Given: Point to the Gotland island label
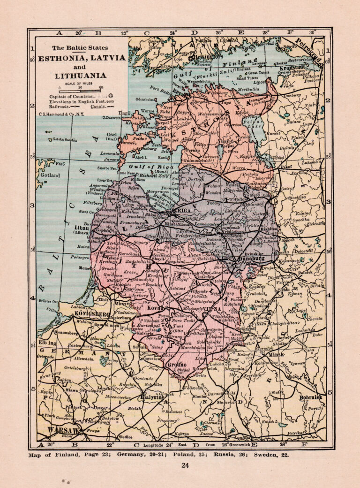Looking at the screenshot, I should point(50,175).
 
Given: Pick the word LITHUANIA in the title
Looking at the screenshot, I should point(80,75).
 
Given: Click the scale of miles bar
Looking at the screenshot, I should point(80,91).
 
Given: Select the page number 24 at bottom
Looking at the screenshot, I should point(185,465).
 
